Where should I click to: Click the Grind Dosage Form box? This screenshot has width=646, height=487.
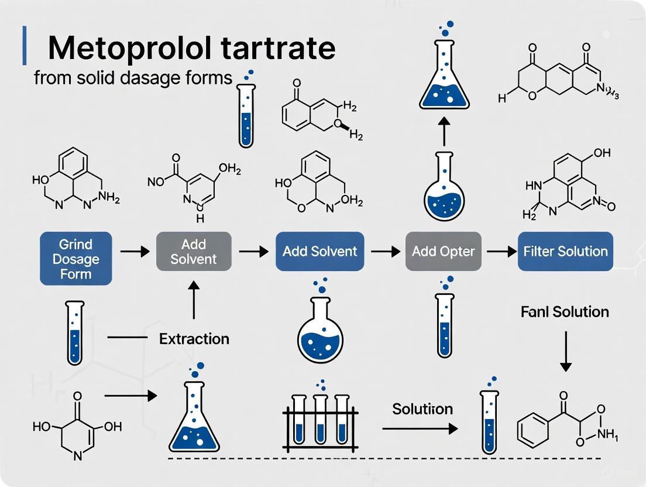(75, 259)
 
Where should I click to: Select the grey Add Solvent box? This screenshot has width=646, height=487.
(193, 251)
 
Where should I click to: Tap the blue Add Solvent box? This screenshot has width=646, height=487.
(319, 252)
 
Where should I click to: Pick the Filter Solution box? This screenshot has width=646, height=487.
(565, 252)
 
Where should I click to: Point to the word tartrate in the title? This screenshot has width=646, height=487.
(285, 48)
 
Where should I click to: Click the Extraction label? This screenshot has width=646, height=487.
(194, 338)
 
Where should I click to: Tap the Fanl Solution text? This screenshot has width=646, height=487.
(565, 312)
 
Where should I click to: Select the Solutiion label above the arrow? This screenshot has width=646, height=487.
(422, 409)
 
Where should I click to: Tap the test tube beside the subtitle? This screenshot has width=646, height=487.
(247, 112)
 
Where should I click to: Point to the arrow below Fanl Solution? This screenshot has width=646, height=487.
(565, 351)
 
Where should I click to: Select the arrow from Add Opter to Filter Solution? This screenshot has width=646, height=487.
(497, 252)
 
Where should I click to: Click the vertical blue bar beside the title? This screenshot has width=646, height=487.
(24, 45)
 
